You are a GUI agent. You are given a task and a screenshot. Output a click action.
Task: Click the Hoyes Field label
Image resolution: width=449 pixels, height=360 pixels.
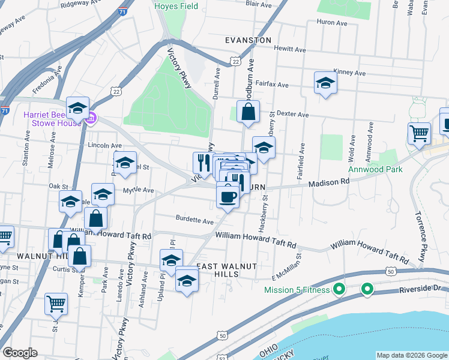(176, 6)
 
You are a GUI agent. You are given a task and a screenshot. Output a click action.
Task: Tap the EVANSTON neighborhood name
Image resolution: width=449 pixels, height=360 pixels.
(248, 40)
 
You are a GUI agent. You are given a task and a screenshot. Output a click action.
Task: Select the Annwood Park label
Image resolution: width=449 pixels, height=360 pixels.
(376, 169)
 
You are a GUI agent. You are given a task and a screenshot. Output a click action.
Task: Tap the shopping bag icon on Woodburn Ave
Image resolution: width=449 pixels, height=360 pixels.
(248, 112)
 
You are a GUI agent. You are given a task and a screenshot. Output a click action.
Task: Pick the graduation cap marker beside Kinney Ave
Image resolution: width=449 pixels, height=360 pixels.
(325, 83)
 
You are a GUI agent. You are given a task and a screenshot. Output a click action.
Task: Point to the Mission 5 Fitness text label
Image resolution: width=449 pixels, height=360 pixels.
(297, 290)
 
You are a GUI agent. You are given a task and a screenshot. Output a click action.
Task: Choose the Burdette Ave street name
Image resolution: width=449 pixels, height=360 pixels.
(195, 220)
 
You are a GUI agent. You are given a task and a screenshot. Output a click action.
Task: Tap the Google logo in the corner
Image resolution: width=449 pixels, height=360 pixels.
(20, 353)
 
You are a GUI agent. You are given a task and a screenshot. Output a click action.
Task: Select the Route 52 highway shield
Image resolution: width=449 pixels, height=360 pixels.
(223, 358)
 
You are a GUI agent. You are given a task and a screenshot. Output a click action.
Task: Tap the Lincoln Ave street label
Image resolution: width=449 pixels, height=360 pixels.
(104, 145)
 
